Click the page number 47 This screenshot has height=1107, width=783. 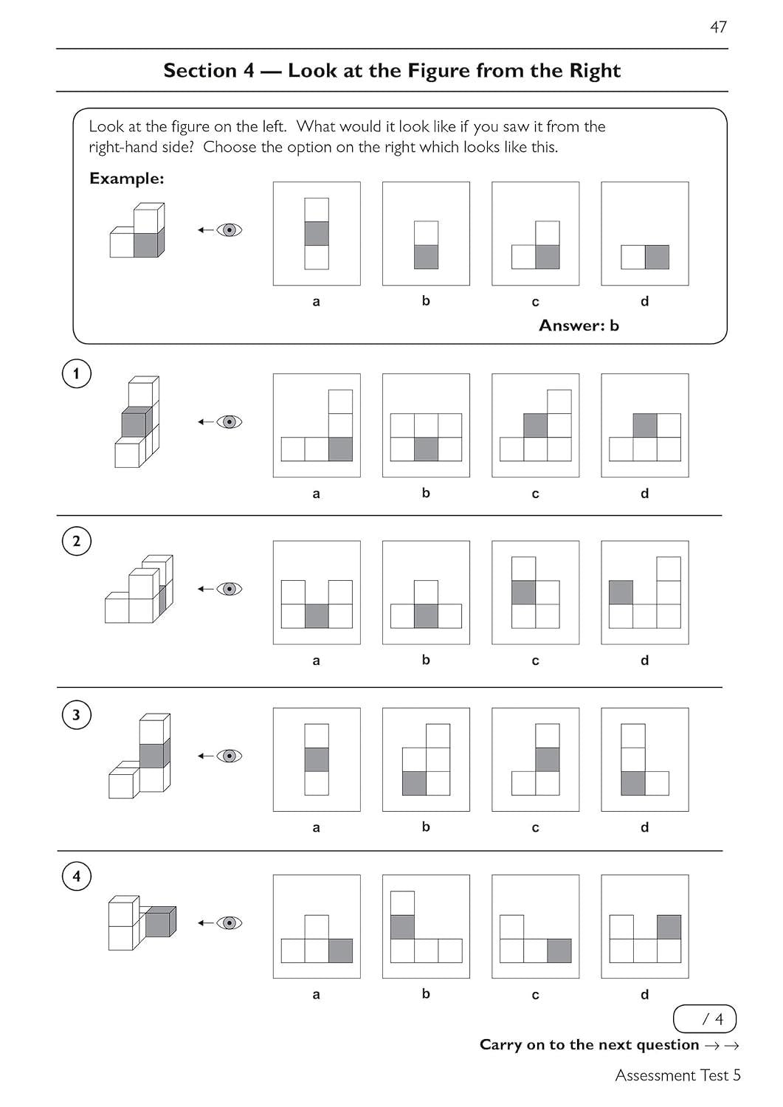coord(718,27)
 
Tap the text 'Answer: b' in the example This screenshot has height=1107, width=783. coord(579,325)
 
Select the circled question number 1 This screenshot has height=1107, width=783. coord(76,373)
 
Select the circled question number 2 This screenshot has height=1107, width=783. coord(76,541)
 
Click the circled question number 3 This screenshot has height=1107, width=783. coord(76,715)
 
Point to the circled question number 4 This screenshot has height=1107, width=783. coord(76,877)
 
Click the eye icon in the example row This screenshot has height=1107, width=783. coord(230,230)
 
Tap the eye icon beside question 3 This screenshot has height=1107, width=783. coord(230,756)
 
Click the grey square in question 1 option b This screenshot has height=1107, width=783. coord(426,449)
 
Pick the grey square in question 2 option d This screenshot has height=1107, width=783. coord(621,593)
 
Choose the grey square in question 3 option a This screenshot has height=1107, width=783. coord(317,759)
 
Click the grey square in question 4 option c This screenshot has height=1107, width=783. coord(559,951)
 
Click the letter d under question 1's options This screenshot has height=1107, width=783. coord(644,493)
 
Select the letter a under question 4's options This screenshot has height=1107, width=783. coord(317,994)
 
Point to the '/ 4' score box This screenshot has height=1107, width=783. coord(705,1019)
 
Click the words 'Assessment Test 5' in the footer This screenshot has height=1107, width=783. coord(677,1075)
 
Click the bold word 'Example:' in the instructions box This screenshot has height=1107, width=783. coord(126,179)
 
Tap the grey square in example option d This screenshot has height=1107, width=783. coord(657,257)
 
